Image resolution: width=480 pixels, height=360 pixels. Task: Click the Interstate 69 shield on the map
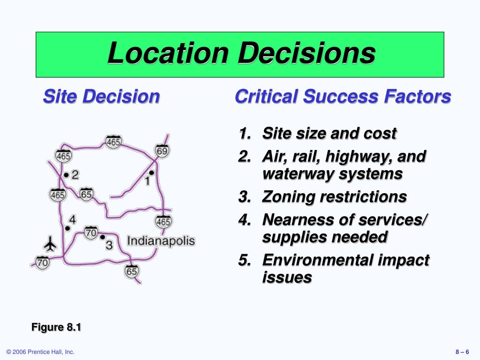click(162, 150)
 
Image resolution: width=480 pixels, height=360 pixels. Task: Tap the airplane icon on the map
click(50, 244)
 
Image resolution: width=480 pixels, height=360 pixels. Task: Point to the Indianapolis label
click(161, 241)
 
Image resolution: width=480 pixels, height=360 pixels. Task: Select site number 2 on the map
click(75, 175)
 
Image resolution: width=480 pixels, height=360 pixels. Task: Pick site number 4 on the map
click(72, 219)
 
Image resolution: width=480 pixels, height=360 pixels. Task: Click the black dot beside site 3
click(102, 237)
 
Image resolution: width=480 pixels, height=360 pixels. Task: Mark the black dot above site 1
click(151, 172)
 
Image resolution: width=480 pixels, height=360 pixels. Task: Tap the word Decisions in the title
click(307, 53)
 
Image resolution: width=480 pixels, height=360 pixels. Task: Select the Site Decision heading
click(101, 97)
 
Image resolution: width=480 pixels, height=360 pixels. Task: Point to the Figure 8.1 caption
click(56, 327)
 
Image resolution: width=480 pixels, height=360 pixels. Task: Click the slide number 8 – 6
click(462, 352)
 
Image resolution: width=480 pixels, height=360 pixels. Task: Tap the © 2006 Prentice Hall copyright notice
click(40, 352)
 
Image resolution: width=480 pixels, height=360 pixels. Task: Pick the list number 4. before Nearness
click(244, 219)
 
